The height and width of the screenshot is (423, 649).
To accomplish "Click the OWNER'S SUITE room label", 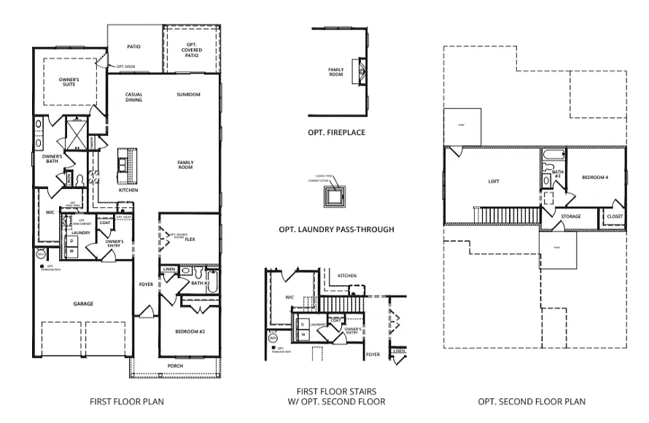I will tap(69, 81).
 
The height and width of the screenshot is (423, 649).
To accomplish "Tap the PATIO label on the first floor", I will tap(133, 47).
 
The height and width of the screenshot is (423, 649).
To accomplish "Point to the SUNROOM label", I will tap(188, 95).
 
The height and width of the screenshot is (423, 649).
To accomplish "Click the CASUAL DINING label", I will tap(133, 97).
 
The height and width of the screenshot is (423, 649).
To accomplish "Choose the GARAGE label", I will tap(82, 303).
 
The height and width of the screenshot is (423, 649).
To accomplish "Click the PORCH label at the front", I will tap(175, 366).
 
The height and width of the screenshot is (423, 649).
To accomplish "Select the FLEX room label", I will tap(189, 238).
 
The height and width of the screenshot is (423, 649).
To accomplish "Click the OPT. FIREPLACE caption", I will tap(336, 133).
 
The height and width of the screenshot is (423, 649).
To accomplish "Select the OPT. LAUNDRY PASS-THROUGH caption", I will tap(336, 229).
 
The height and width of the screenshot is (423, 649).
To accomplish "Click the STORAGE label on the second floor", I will tap(571, 217).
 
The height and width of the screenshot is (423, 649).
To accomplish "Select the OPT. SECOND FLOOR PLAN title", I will tap(531, 401).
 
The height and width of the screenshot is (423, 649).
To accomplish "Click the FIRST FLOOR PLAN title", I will tap(126, 401).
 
